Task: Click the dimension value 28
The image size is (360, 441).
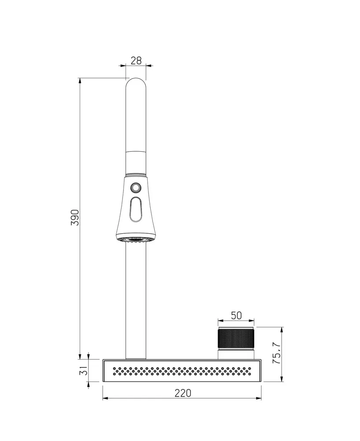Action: coord(136,60)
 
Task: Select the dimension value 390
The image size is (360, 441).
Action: coord(75,217)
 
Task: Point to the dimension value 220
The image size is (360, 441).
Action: coord(183,393)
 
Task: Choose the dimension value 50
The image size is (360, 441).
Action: coord(236,316)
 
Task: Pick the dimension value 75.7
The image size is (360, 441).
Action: coord(277,353)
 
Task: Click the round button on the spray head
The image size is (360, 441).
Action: coord(136,187)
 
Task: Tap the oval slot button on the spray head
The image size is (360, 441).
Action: coord(136,209)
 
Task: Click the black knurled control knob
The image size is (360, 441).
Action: coord(236,338)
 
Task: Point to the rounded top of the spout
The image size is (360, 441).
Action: coord(136,82)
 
